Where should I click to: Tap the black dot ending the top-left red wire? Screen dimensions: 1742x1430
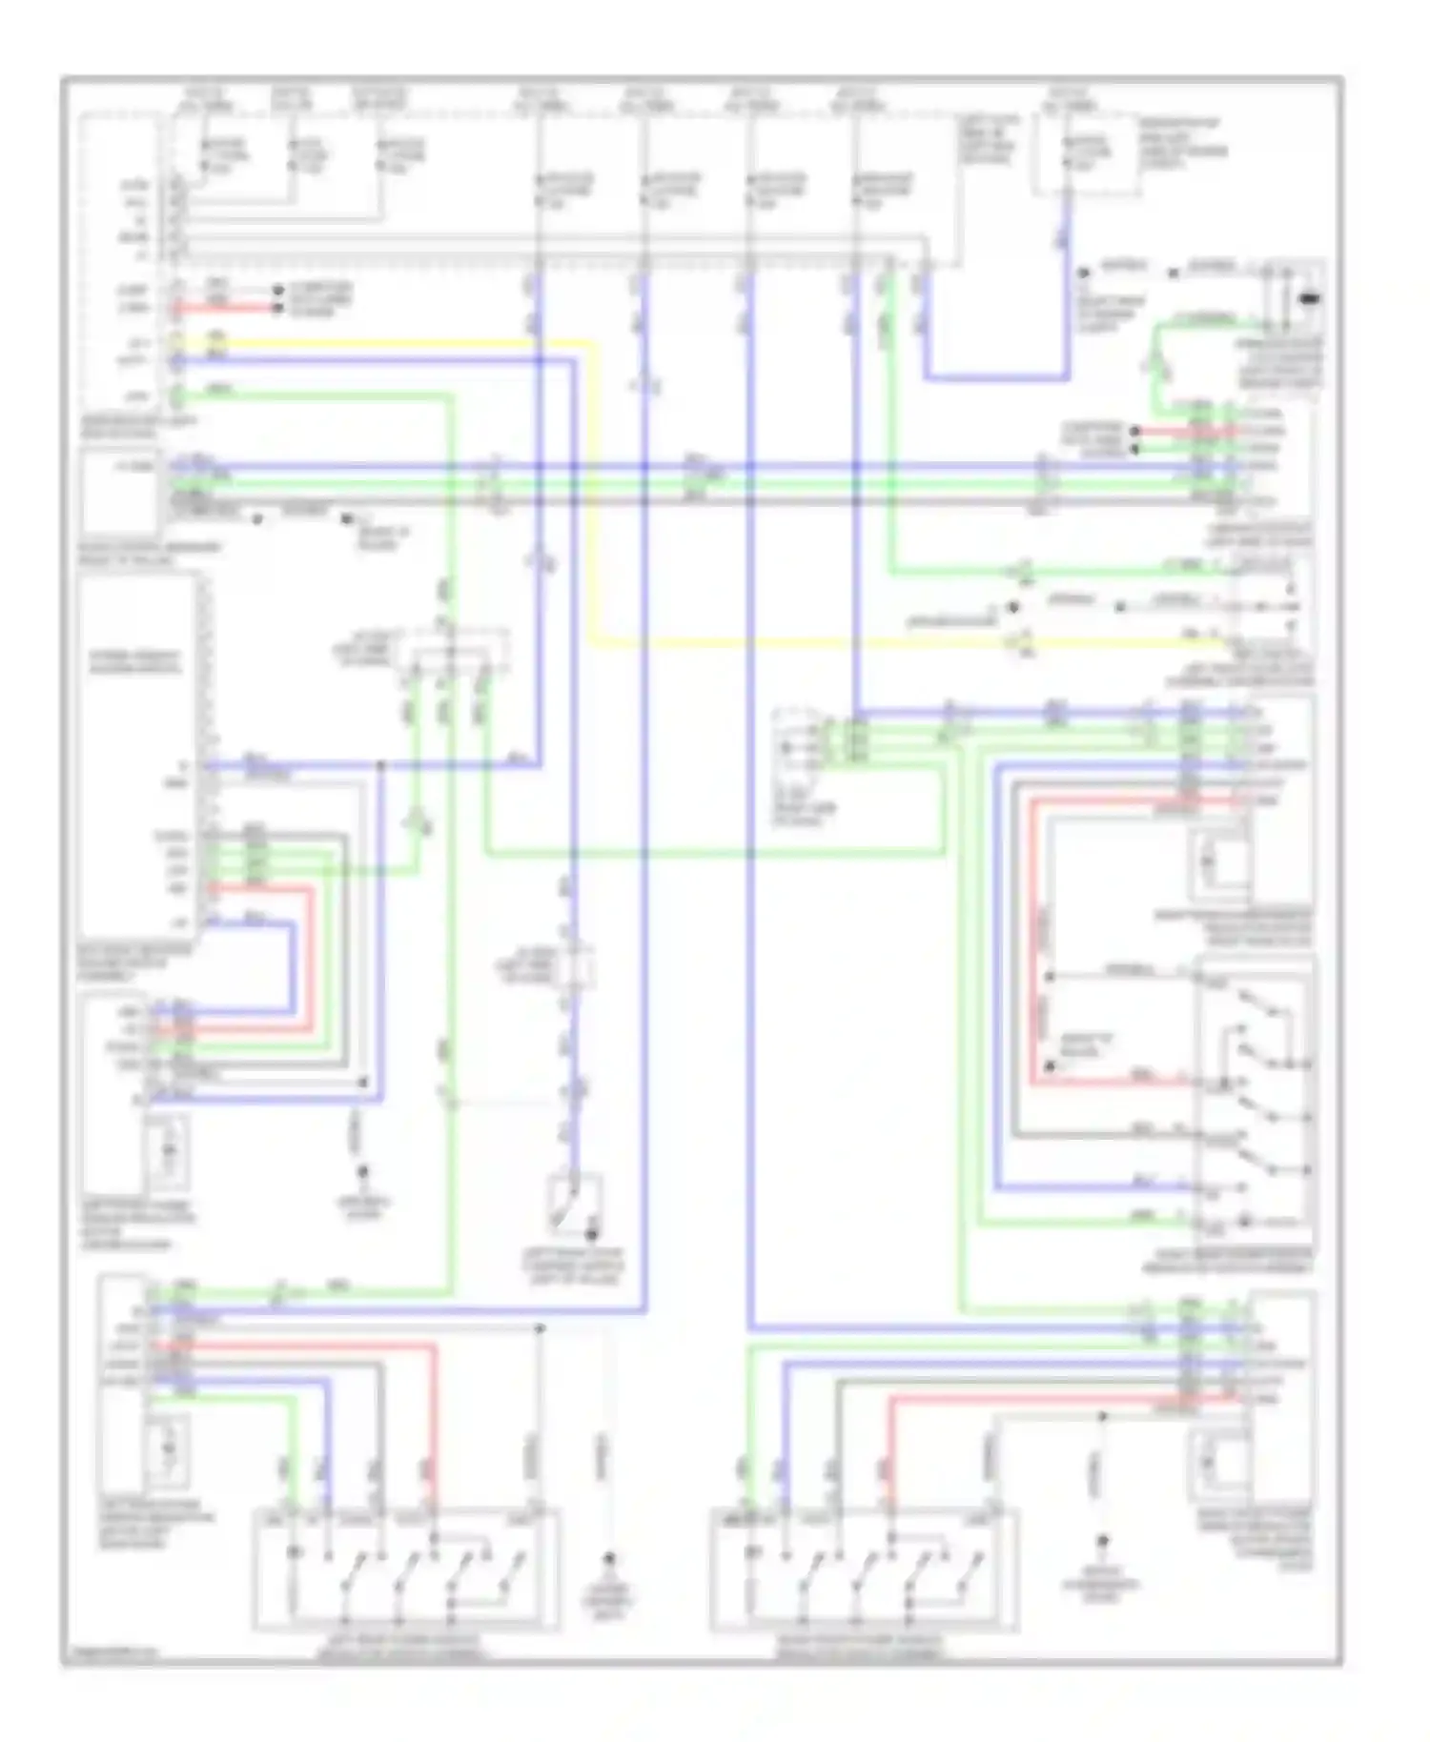pyautogui.click(x=277, y=308)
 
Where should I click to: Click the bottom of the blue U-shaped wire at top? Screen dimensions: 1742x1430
pyautogui.click(x=996, y=377)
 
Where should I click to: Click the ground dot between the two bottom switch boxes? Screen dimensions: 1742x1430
pyautogui.click(x=608, y=1559)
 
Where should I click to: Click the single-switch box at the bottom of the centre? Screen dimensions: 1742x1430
pyautogui.click(x=574, y=1205)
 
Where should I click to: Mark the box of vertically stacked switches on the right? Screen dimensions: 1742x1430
pyautogui.click(x=1255, y=1096)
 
